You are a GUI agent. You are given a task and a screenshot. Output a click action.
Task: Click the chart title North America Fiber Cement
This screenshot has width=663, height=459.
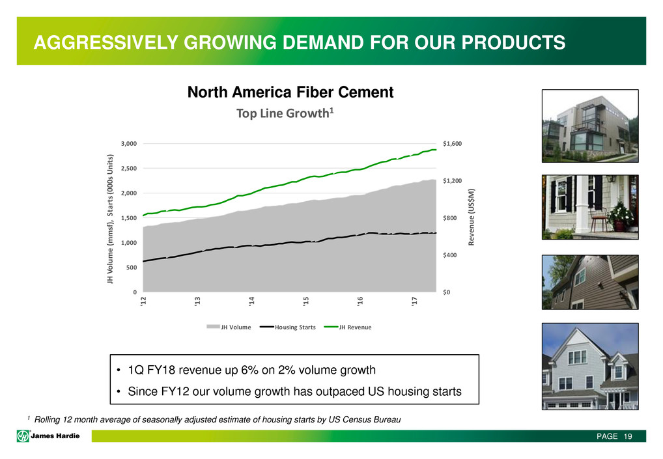(x=290, y=92)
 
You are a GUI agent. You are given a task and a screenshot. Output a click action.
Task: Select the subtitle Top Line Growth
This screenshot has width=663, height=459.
(x=283, y=113)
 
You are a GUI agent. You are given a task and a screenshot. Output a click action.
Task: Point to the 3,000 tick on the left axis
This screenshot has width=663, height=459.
(x=129, y=144)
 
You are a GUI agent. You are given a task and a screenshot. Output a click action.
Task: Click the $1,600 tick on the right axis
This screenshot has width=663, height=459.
(x=453, y=144)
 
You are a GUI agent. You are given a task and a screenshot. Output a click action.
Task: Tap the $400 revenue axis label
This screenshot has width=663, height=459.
(x=450, y=255)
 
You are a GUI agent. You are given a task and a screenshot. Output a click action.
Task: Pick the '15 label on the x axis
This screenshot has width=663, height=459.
(x=305, y=301)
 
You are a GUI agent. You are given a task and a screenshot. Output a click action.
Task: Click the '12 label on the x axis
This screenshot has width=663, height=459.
(x=143, y=301)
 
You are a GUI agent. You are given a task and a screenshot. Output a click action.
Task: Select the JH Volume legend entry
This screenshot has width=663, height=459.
(x=229, y=327)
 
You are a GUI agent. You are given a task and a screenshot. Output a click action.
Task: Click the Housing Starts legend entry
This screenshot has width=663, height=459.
(x=287, y=327)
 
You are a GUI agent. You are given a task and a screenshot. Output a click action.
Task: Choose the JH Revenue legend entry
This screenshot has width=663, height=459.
(x=348, y=327)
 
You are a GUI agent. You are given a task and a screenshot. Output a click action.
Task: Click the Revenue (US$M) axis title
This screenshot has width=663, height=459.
(x=472, y=217)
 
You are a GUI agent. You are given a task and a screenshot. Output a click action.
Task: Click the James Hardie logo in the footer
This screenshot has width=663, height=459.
(x=48, y=436)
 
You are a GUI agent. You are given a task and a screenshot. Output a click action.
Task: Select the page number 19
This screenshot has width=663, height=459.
(x=627, y=437)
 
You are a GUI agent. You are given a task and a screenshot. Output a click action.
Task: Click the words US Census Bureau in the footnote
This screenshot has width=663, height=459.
(x=365, y=420)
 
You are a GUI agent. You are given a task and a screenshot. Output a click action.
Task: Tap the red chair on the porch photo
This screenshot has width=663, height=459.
(x=598, y=220)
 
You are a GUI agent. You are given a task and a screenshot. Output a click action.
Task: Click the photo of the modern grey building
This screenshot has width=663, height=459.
(x=590, y=126)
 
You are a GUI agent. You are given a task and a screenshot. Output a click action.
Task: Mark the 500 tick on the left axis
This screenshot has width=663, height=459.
(x=132, y=268)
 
